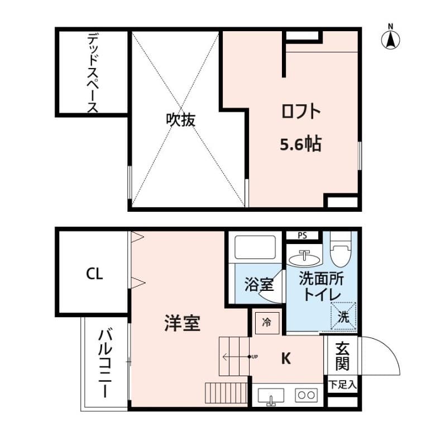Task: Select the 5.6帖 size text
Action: pyautogui.click(x=300, y=144)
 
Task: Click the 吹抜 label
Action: pyautogui.click(x=181, y=120)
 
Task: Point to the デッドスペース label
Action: pyautogui.click(x=93, y=72)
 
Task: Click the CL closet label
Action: pyautogui.click(x=94, y=274)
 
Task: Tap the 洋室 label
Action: pyautogui.click(x=183, y=323)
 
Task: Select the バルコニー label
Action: pyautogui.click(x=105, y=363)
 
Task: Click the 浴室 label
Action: pyautogui.click(x=259, y=284)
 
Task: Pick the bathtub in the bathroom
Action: pyautogui.click(x=255, y=247)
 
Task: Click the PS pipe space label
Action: pyautogui.click(x=302, y=236)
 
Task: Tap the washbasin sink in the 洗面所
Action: pyautogui.click(x=304, y=258)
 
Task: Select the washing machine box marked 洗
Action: pyautogui.click(x=343, y=316)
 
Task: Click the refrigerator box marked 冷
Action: pyautogui.click(x=267, y=323)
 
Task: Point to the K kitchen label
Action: pyautogui.click(x=286, y=358)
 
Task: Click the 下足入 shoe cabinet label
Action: pyautogui.click(x=342, y=385)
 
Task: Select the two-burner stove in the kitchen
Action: pyautogui.click(x=306, y=395)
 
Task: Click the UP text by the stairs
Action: pyautogui.click(x=255, y=357)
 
